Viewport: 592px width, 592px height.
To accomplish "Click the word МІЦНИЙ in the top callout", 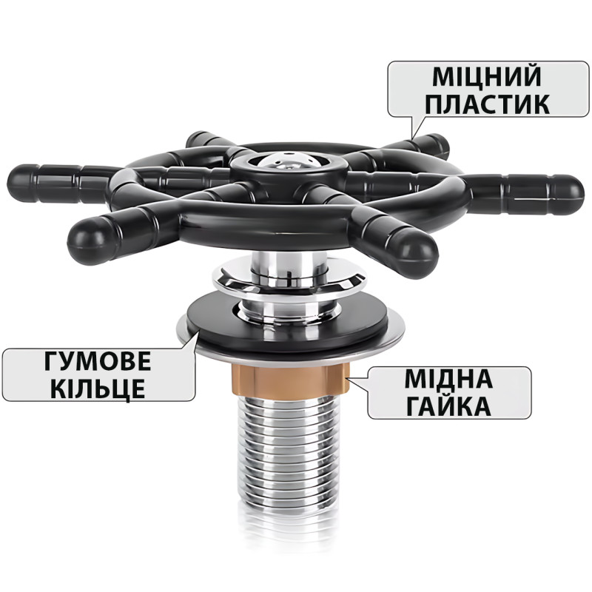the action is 487,76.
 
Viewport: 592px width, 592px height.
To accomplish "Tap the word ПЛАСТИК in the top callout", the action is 488,104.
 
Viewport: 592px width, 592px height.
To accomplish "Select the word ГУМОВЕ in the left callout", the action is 98,361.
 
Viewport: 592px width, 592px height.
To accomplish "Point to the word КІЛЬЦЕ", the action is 98,388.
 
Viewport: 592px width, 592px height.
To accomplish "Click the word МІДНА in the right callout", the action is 448,379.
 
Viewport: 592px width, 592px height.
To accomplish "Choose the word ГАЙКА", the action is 448,406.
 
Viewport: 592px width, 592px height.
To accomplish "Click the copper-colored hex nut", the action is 291,380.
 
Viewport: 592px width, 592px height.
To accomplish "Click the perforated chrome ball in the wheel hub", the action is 288,161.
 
